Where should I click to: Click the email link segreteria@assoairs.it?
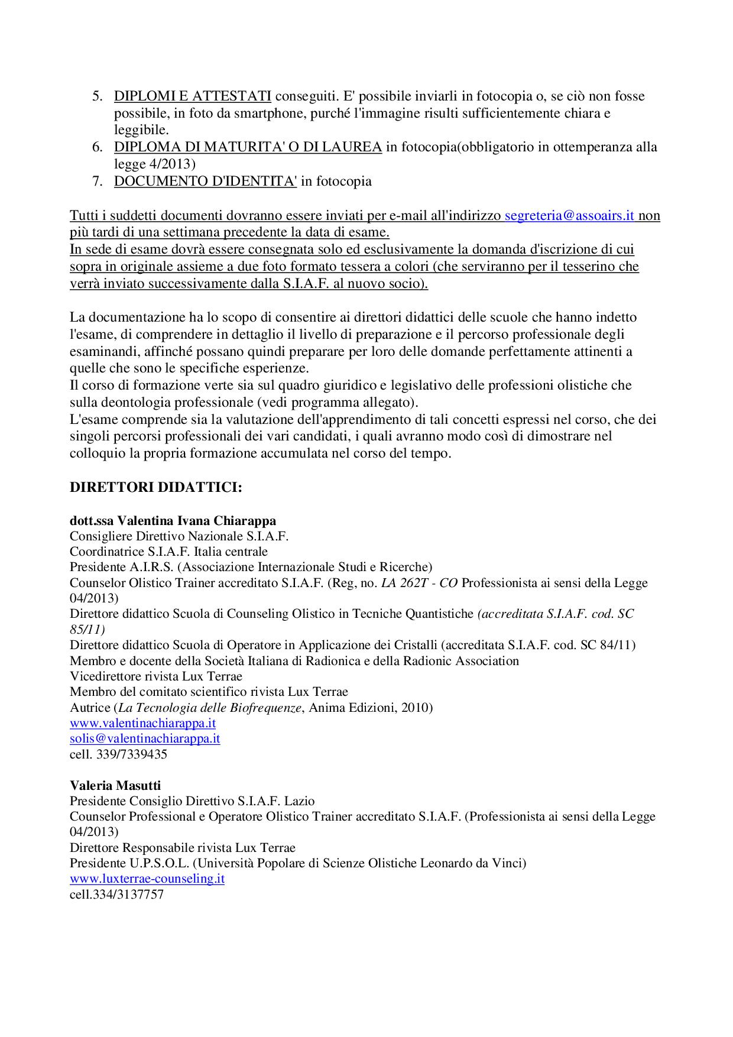click(569, 216)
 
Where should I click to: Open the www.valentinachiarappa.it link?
click(142, 723)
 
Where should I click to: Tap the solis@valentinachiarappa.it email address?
click(145, 738)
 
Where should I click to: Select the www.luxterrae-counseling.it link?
click(147, 879)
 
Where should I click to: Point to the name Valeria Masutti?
click(115, 785)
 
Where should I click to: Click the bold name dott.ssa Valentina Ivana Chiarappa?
click(173, 521)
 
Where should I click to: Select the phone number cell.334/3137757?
click(116, 895)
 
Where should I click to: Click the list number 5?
click(98, 96)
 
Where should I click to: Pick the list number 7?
click(98, 182)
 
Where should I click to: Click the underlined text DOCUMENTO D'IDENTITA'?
click(205, 182)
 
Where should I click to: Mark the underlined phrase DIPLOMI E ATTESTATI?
click(192, 96)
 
